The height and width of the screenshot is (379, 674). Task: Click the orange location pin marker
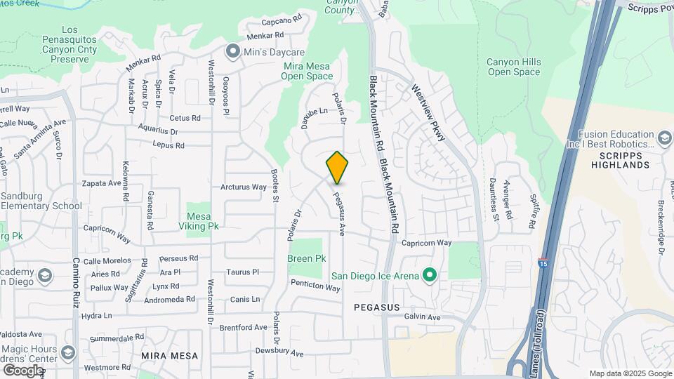337,167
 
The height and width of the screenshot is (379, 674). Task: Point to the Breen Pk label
307,258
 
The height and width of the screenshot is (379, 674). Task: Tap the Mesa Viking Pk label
198,221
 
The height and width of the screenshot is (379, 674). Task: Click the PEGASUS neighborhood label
376,307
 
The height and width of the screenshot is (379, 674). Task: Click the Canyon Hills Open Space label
514,67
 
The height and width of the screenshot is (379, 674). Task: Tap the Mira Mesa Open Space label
308,71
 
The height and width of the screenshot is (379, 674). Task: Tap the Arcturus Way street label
244,187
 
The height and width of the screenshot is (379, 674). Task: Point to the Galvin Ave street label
422,317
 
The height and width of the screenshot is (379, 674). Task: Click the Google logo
24,370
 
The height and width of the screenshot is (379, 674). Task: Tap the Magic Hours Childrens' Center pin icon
68,352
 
